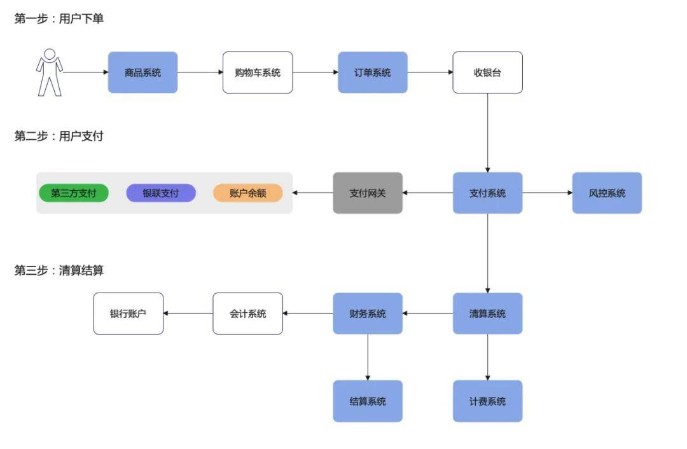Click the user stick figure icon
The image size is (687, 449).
49,73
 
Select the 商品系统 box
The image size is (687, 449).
142,73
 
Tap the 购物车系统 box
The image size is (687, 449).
258,73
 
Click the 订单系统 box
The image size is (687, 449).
372,73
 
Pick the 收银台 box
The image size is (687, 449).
487,73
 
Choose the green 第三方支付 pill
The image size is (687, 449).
74,193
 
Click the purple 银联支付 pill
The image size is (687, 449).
161,193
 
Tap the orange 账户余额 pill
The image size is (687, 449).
247,193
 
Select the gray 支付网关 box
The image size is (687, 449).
368,193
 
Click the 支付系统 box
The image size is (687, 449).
487,193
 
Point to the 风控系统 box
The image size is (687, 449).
607,193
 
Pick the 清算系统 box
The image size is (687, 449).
487,314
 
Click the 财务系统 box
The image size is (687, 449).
368,314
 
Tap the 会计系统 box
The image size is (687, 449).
247,314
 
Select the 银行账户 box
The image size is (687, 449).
128,314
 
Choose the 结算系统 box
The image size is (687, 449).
368,401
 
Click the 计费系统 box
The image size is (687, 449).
487,401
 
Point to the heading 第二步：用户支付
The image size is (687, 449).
59,136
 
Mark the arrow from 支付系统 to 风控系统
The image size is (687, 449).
547,193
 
